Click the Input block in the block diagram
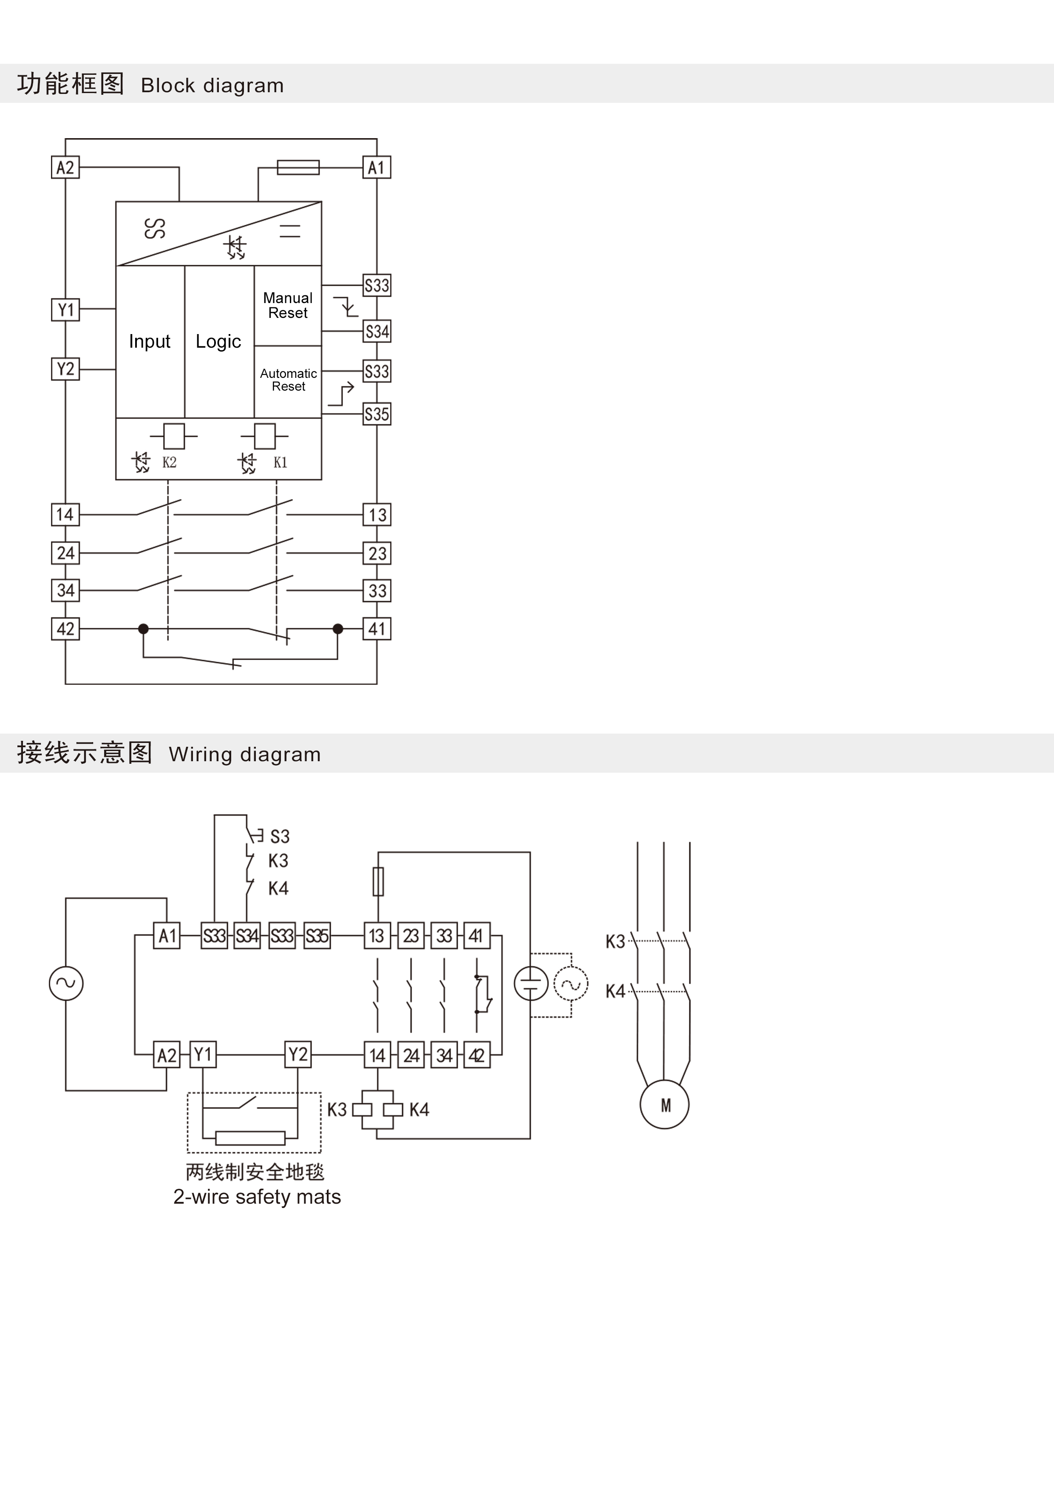pos(149,342)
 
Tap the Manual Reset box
pos(288,305)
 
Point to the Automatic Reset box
pos(288,380)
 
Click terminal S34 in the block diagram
pos(377,332)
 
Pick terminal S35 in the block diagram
pos(377,414)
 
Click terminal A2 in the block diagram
pos(65,167)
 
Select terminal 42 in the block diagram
pos(65,629)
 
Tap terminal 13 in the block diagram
pos(377,515)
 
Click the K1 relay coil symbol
pos(265,437)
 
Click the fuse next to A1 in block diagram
pos(298,167)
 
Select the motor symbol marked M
pos(664,1105)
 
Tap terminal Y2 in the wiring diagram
pos(298,1054)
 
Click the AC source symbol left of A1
pos(66,983)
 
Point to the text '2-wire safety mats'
pos(257,1197)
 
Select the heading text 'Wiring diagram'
pos(245,754)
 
